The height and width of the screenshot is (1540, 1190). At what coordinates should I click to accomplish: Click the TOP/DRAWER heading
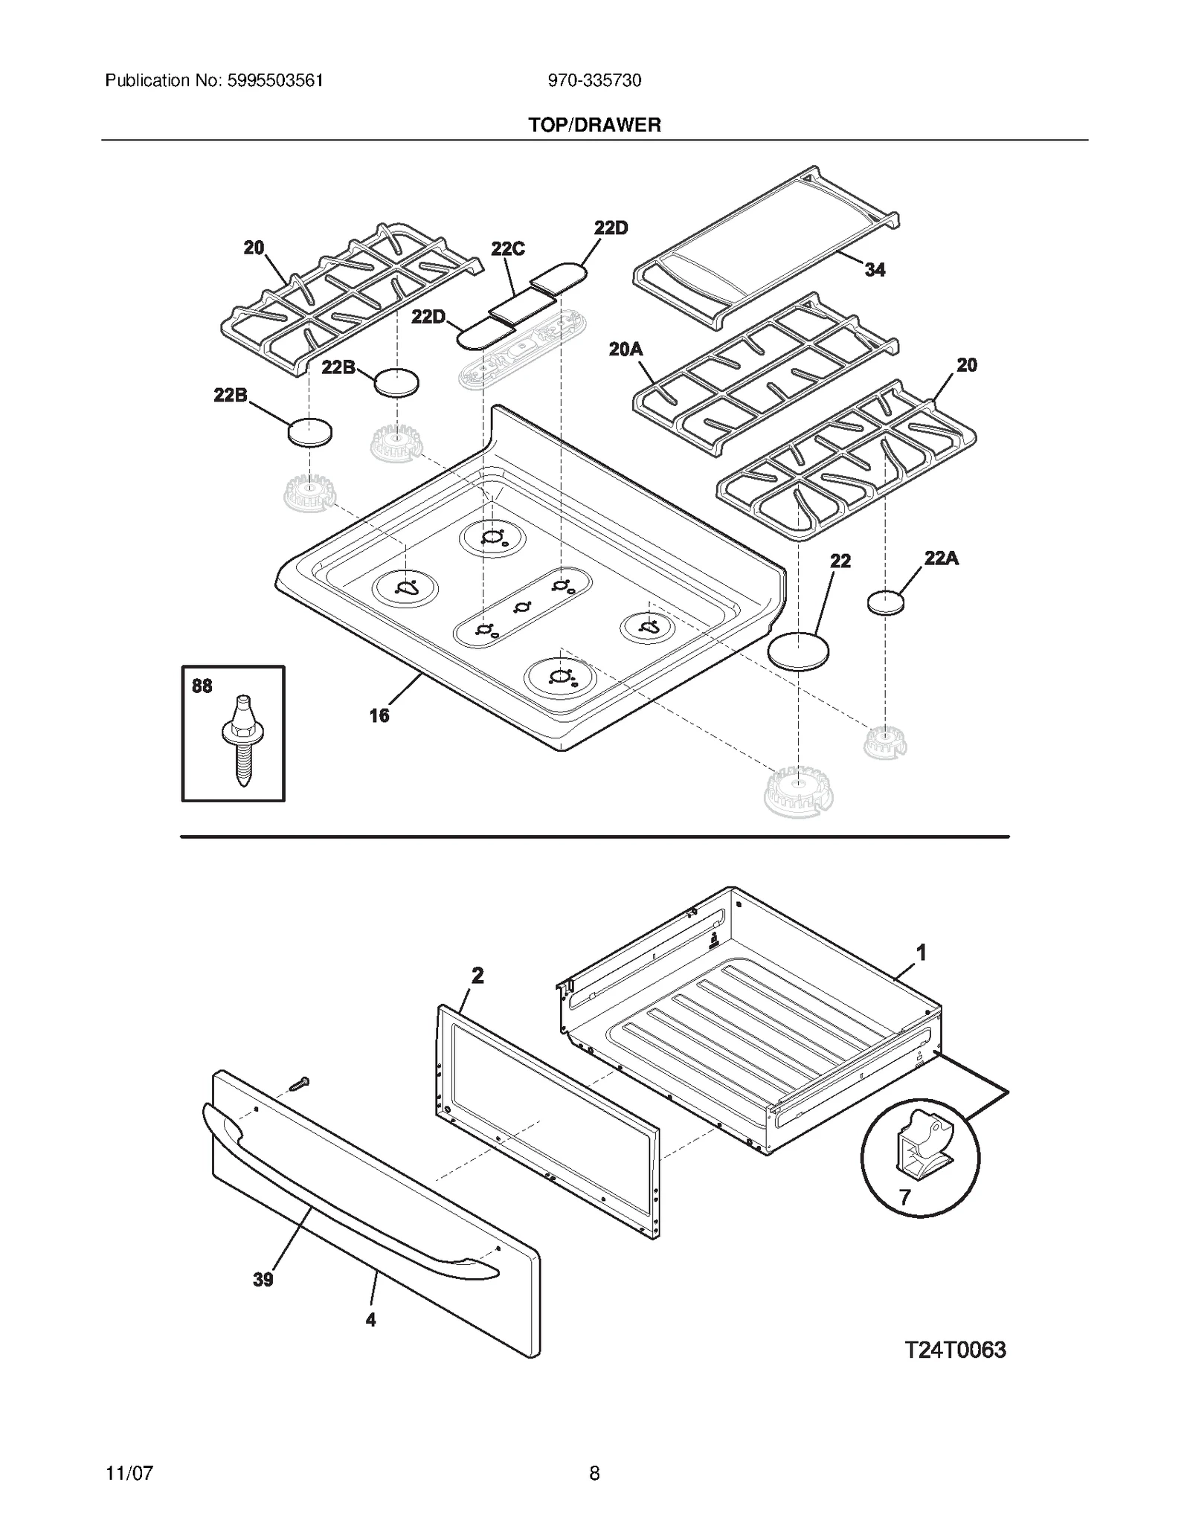(x=594, y=125)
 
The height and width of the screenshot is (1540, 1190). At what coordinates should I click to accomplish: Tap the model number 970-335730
(x=594, y=80)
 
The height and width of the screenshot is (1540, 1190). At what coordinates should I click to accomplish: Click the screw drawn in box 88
(x=239, y=740)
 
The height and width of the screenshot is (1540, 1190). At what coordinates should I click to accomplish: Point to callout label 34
(x=875, y=270)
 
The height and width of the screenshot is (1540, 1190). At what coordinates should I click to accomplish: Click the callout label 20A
(x=625, y=349)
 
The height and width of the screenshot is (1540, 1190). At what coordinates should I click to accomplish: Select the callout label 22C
(x=508, y=248)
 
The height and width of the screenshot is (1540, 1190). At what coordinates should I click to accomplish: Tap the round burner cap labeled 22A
(x=886, y=602)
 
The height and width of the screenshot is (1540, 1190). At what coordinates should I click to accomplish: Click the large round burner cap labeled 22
(x=798, y=651)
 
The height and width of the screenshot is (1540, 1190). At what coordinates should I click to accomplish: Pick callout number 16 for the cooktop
(x=379, y=715)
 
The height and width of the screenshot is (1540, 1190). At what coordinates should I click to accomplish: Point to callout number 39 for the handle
(x=263, y=1280)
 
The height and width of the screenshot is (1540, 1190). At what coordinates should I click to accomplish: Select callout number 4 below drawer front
(x=370, y=1320)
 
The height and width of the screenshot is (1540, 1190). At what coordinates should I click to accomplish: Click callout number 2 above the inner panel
(x=477, y=975)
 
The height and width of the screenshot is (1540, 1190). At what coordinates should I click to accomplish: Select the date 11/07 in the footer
(x=129, y=1473)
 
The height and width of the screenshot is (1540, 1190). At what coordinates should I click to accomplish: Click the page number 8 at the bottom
(x=594, y=1473)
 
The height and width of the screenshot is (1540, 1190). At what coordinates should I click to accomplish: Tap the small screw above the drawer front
(x=299, y=1085)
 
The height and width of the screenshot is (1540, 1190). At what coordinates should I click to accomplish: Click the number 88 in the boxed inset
(x=202, y=686)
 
